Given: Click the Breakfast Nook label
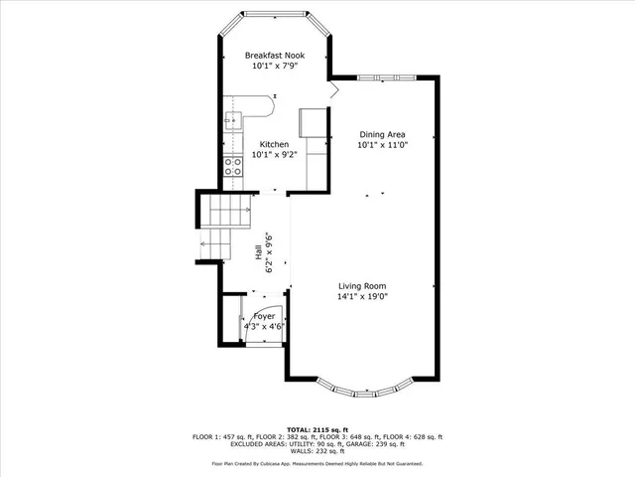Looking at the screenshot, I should (275, 55).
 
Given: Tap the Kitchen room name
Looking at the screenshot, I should (269, 144).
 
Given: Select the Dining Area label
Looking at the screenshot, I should (383, 134).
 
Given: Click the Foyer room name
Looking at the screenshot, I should (264, 315).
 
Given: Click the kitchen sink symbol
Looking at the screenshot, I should (232, 121).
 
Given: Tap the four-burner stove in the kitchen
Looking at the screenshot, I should (233, 167).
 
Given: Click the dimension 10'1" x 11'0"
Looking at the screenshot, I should (383, 145).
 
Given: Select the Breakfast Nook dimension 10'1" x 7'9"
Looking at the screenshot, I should (275, 66).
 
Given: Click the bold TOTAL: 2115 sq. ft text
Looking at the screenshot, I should (317, 429).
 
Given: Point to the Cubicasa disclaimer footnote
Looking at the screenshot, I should (317, 463).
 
